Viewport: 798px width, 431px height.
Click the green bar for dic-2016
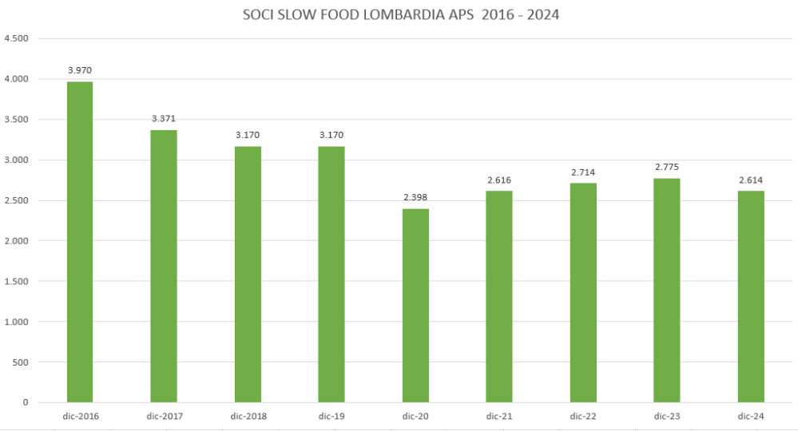click(x=80, y=242)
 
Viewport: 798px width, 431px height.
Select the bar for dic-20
click(x=415, y=305)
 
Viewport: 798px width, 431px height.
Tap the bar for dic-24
click(x=751, y=296)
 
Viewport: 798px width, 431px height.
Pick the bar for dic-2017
click(x=164, y=266)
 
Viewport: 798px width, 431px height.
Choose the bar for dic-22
click(x=583, y=292)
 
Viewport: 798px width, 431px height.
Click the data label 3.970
click(x=80, y=70)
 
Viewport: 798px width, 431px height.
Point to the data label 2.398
click(x=415, y=197)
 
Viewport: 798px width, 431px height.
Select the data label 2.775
click(x=667, y=167)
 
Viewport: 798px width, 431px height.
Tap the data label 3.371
click(x=164, y=119)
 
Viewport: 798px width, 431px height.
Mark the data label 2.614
click(x=751, y=180)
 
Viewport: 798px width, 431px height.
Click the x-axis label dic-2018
click(x=248, y=416)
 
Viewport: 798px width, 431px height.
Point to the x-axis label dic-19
click(x=332, y=416)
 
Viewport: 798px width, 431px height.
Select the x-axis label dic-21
click(x=499, y=416)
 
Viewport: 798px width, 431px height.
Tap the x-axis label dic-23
click(x=667, y=416)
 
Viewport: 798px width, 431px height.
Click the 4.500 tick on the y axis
click(x=16, y=38)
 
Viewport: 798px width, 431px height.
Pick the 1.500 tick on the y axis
click(x=16, y=281)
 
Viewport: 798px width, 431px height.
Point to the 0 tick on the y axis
click(x=26, y=402)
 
